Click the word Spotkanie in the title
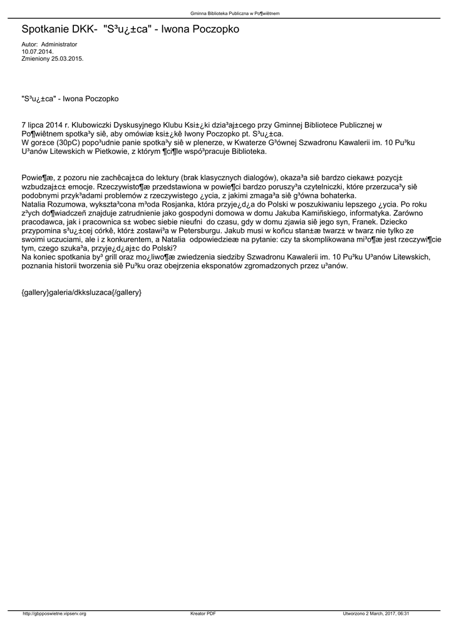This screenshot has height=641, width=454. click(x=45, y=29)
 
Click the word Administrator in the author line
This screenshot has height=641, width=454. click(x=59, y=44)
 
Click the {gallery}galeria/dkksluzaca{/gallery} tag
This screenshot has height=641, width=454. click(x=81, y=292)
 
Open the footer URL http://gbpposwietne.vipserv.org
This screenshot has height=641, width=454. click(x=54, y=613)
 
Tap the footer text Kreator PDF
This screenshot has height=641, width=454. click(x=203, y=613)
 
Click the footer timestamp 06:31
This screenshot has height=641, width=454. click(x=403, y=613)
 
